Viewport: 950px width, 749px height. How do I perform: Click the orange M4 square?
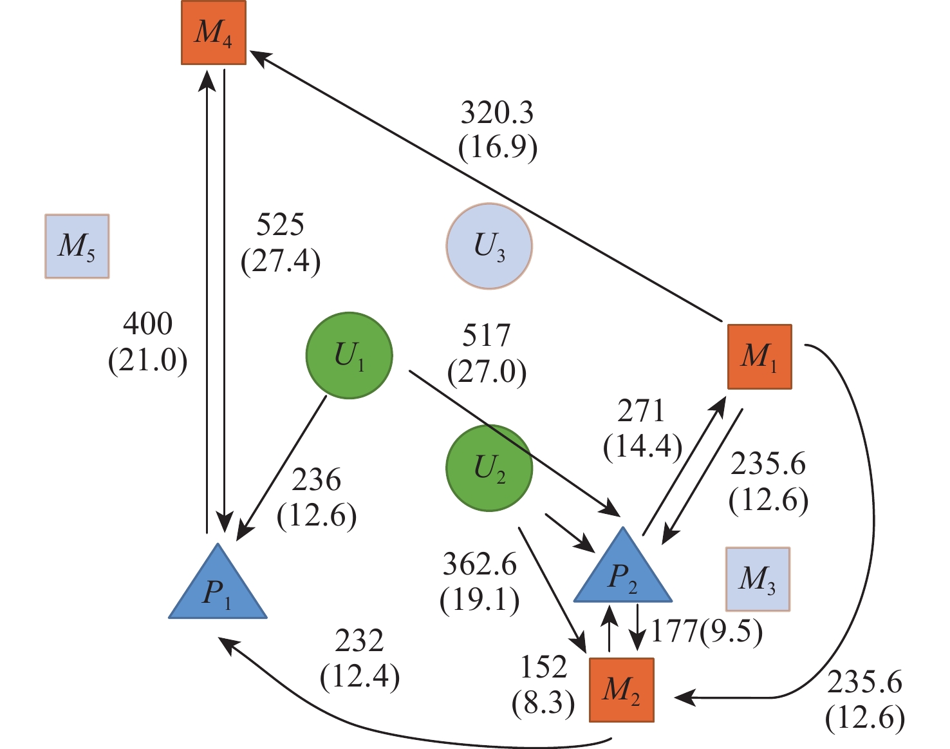point(214,33)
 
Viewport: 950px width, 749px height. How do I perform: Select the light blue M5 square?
point(77,246)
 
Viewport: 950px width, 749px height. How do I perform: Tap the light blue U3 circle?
point(489,246)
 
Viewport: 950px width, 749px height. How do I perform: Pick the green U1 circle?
point(349,356)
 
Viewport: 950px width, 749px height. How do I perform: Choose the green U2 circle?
point(489,468)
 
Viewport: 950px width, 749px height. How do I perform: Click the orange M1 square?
point(759,357)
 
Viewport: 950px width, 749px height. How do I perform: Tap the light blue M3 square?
point(758,579)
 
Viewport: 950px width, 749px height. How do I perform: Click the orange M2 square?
point(622,690)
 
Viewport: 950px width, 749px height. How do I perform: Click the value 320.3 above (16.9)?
point(497,113)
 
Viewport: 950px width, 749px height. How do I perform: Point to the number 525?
point(280,225)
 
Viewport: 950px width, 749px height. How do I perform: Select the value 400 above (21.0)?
point(147,324)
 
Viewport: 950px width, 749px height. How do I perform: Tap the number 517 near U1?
point(487,336)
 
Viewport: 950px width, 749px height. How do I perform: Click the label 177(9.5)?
point(707,632)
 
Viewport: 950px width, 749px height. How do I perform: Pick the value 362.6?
point(480,565)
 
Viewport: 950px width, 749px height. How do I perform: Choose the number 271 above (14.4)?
point(641,412)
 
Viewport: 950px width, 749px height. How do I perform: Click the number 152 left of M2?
point(543,668)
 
